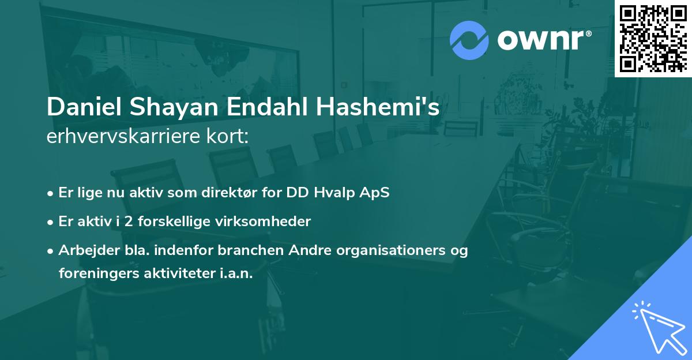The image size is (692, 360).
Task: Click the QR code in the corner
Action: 653,39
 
